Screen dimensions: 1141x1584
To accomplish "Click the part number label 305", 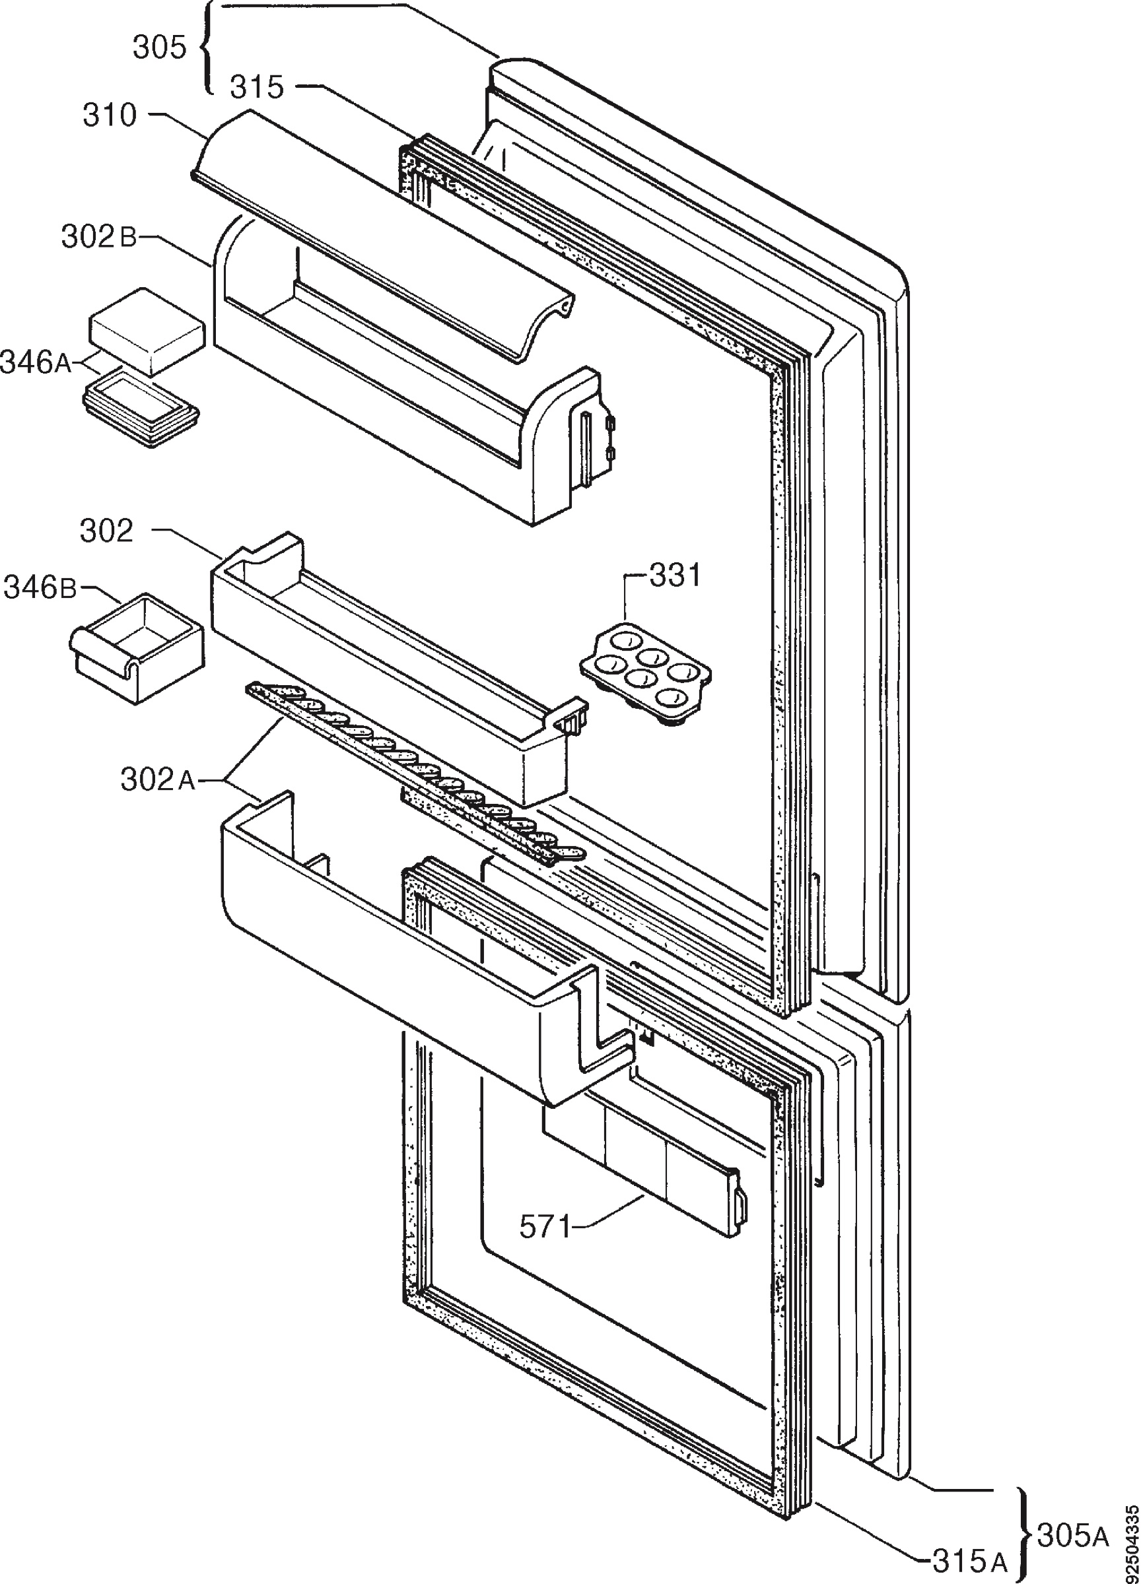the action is (160, 48).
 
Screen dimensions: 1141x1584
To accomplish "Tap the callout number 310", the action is (110, 115).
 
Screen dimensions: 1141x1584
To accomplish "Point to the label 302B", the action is (99, 238).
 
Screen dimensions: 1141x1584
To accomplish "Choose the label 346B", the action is (40, 587).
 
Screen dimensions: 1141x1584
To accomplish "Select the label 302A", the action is (158, 780).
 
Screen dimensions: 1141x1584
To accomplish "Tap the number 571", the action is (545, 1226).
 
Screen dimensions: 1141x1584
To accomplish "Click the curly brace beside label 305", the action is (206, 48).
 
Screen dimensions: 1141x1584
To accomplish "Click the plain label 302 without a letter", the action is (107, 532).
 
